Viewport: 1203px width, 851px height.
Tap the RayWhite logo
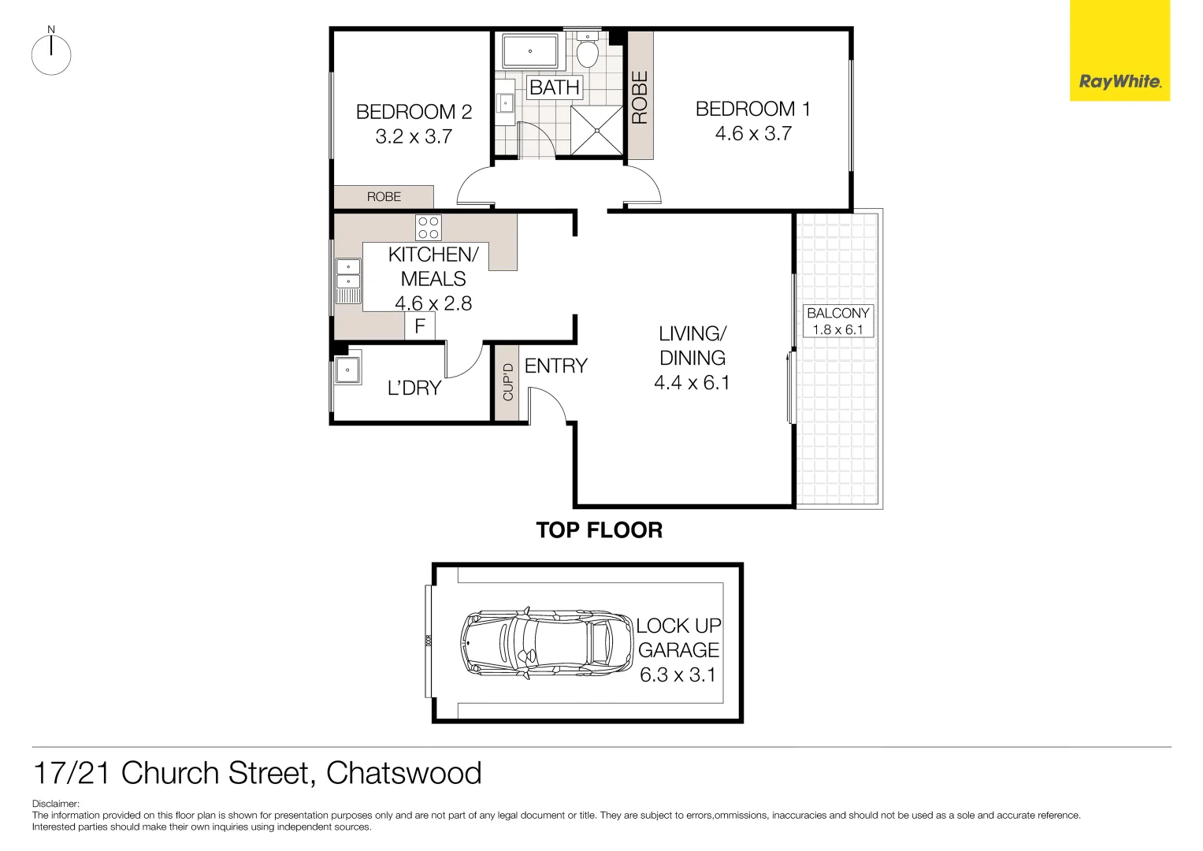coord(1119,81)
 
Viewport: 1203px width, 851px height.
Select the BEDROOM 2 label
coord(414,112)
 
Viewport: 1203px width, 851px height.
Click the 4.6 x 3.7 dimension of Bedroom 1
coord(752,134)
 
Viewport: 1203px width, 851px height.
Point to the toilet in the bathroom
coord(587,52)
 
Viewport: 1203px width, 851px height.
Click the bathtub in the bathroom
coord(530,51)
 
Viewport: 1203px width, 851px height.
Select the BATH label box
coord(555,87)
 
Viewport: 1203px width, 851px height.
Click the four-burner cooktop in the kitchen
coord(429,228)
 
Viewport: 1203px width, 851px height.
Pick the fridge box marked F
coord(420,325)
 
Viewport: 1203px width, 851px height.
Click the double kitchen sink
coord(348,281)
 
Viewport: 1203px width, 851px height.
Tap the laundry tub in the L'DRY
coord(347,370)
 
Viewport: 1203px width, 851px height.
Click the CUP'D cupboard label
coord(508,381)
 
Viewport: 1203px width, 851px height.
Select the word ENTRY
coord(556,366)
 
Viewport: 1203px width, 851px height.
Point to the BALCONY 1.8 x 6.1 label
coord(838,321)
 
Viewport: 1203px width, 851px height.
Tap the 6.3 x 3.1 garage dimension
coord(678,675)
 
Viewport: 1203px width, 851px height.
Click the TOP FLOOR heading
coord(599,530)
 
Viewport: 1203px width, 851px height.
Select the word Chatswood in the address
coord(403,773)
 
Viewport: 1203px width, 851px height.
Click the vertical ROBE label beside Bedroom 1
coord(640,98)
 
